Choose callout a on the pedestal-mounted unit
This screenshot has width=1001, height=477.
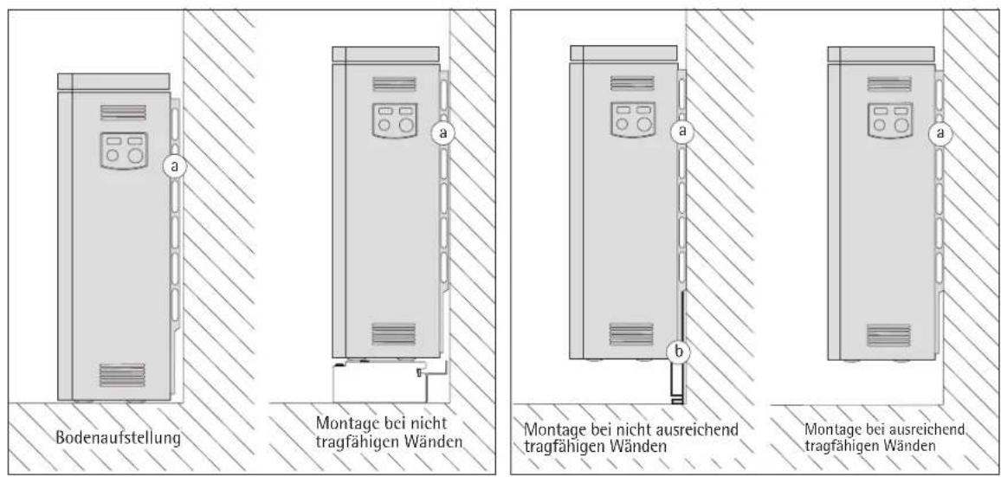[x=443, y=132]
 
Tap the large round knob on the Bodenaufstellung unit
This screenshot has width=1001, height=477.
[x=135, y=157]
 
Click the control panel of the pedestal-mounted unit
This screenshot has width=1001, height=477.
[x=395, y=119]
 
